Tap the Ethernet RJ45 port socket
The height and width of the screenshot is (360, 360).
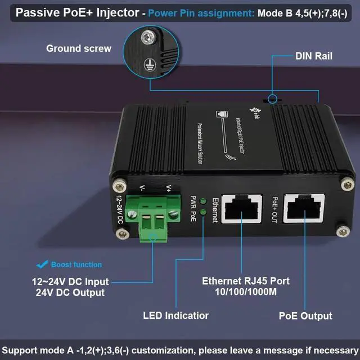click(241, 214)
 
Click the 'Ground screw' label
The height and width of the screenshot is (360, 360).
click(79, 48)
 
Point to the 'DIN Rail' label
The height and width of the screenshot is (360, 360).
click(314, 56)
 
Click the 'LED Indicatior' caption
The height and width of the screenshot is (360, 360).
click(175, 316)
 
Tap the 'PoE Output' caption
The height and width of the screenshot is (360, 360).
click(305, 316)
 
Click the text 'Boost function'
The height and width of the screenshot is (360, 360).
click(76, 264)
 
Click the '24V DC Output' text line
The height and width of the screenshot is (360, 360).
click(70, 292)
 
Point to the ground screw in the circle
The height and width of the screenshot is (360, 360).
click(147, 38)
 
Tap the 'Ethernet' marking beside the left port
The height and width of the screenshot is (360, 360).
click(214, 210)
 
